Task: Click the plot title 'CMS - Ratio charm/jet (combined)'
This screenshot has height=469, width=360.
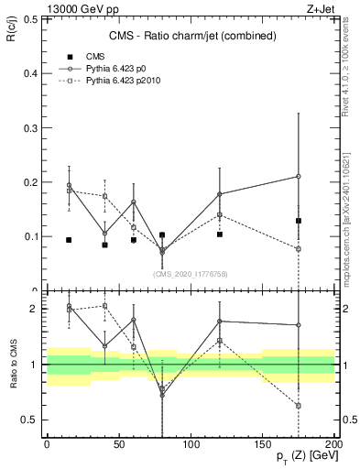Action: click(x=191, y=36)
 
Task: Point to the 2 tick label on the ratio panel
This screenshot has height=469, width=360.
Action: click(x=32, y=309)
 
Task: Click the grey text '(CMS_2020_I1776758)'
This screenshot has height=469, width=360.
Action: click(x=191, y=272)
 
